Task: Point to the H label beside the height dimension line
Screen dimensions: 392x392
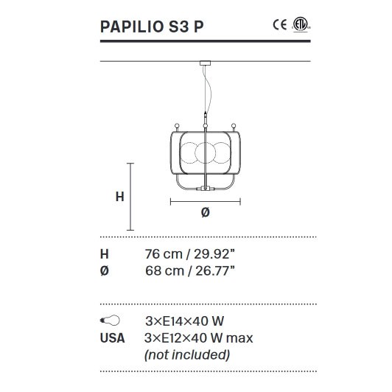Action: (x=119, y=197)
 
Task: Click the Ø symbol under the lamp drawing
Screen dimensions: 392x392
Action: (x=205, y=213)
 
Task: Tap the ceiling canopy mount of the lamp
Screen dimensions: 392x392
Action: (x=202, y=64)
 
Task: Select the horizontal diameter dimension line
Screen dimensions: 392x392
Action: (x=206, y=200)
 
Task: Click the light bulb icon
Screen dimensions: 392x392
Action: (x=110, y=321)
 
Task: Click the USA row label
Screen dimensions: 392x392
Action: (x=112, y=338)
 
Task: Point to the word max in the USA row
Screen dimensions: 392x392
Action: (x=239, y=338)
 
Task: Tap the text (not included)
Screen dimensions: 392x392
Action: (x=187, y=354)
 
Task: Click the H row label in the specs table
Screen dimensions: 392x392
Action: (x=104, y=254)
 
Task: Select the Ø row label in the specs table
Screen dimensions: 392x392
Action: (x=104, y=270)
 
